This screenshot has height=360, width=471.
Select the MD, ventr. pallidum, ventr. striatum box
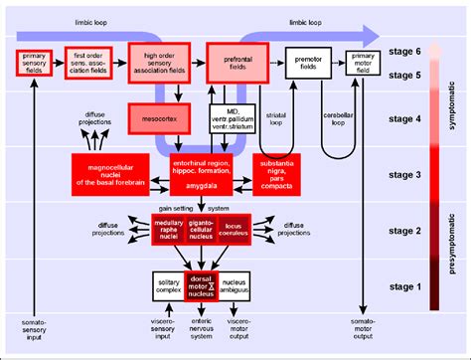[230, 118]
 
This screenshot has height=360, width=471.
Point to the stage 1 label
[406, 286]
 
